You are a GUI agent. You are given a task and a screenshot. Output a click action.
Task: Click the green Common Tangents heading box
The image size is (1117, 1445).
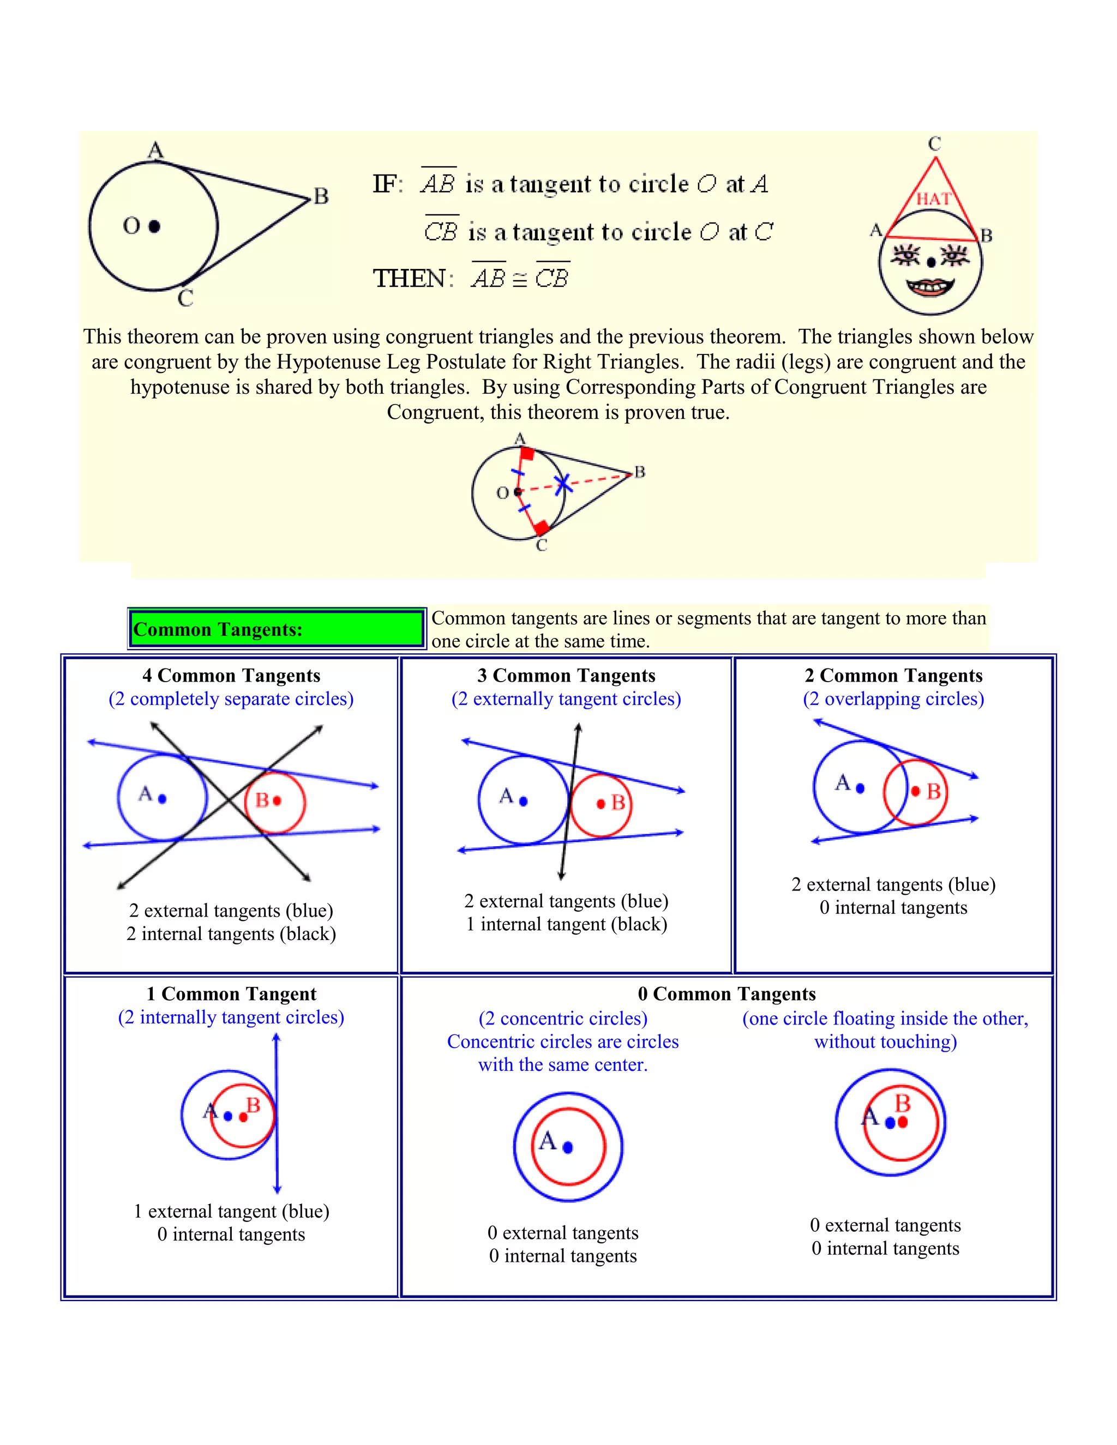276,629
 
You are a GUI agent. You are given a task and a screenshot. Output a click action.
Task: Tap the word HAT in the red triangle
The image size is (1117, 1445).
933,198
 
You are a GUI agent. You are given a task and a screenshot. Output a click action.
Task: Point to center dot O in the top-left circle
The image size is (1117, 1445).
155,226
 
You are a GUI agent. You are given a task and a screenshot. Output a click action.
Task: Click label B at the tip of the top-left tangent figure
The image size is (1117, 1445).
321,196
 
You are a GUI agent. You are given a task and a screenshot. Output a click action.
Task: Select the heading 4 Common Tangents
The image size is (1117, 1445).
231,675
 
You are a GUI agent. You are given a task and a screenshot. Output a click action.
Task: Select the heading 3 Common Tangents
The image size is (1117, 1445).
567,675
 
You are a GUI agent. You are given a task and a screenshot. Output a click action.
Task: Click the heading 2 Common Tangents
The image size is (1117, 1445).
893,675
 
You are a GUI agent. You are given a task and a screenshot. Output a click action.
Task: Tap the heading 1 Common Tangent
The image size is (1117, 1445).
231,994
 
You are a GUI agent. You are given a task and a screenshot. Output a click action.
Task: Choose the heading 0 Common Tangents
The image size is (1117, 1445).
726,994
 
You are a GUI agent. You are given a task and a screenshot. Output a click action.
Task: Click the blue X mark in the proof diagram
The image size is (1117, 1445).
562,484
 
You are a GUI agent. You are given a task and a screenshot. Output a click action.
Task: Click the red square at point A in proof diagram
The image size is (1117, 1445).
527,453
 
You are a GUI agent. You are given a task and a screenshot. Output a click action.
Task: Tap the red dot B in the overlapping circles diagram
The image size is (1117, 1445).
916,791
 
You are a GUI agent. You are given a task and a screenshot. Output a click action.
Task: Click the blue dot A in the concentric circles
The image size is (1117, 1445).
568,1148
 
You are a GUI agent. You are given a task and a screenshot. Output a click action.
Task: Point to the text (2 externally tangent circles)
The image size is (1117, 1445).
567,699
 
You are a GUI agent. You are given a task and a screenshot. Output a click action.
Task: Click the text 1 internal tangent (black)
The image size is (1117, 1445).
567,924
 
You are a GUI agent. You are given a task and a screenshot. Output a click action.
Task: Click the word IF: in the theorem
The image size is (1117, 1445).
387,184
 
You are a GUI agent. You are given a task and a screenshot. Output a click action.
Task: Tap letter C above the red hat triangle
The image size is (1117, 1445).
934,143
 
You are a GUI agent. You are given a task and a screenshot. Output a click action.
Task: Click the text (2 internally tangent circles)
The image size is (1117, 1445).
231,1017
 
